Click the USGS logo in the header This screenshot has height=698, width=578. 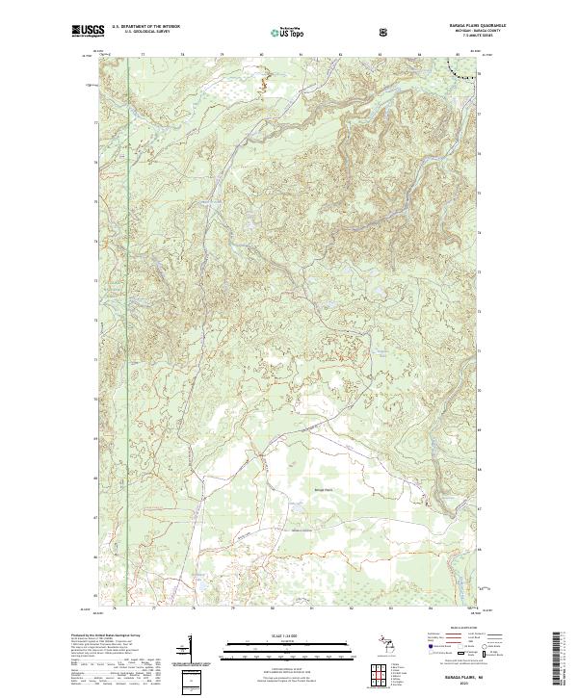tap(87, 32)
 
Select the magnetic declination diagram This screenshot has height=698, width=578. tap(193, 650)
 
